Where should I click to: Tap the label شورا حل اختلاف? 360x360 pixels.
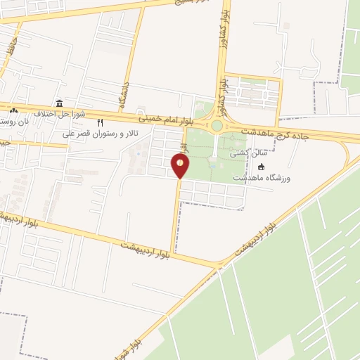tap(59, 113)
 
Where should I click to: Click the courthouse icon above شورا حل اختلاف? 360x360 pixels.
tap(59, 103)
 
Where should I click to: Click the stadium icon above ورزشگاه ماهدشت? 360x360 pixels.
tap(262, 167)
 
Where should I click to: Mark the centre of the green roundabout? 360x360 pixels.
tap(217, 126)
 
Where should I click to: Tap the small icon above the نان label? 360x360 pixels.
tap(13, 110)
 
